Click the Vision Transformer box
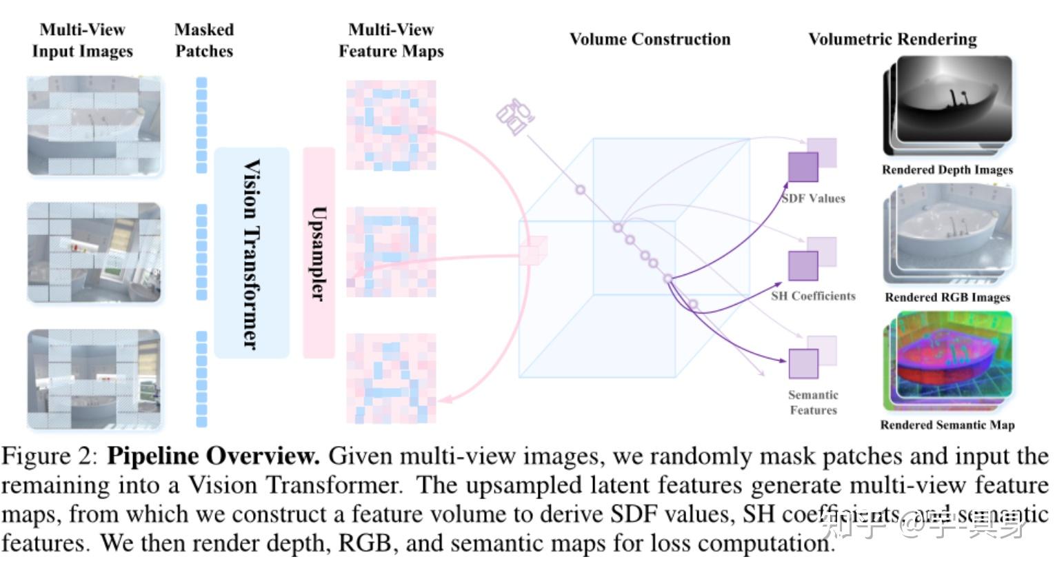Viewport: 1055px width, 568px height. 252,252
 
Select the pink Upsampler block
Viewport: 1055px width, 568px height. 319,252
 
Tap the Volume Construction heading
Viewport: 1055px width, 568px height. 650,39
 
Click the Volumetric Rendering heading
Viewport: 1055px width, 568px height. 892,39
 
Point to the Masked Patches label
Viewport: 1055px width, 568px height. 204,40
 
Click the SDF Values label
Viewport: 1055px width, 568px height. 814,199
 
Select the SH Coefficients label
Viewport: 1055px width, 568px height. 813,296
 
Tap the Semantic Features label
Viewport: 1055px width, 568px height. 813,403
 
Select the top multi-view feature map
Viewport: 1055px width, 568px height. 391,125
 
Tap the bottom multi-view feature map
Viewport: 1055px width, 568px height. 391,378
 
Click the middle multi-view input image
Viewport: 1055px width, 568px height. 94,252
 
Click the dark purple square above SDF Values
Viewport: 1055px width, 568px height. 803,168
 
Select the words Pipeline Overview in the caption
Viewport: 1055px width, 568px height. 214,456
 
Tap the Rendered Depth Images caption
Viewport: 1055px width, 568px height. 947,170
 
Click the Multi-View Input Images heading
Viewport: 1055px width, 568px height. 82,40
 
